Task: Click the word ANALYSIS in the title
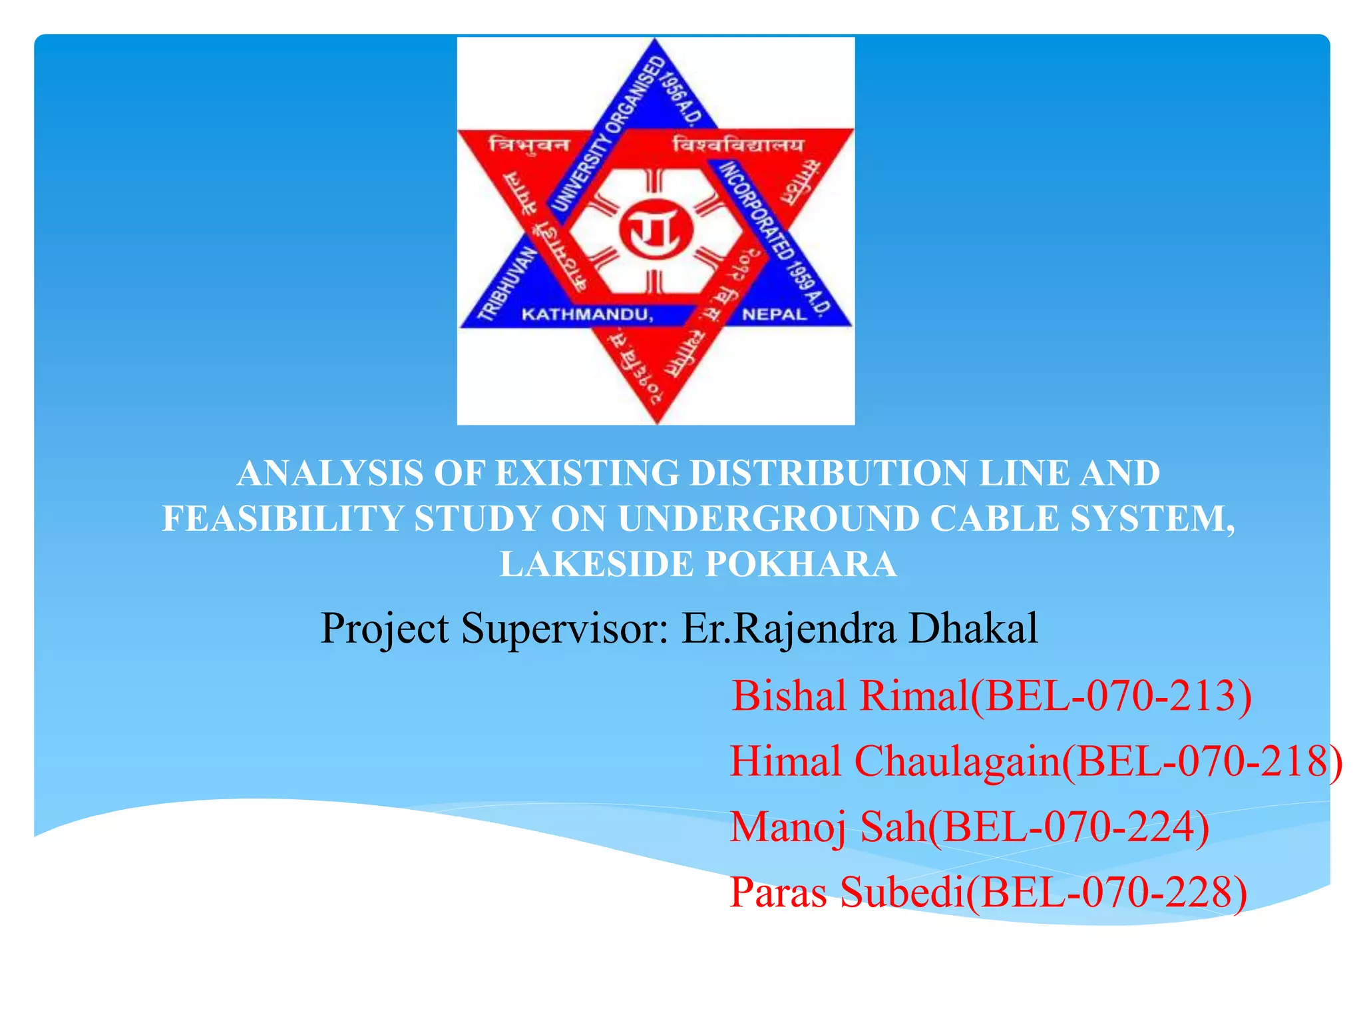(x=330, y=474)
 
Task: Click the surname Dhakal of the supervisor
(x=973, y=628)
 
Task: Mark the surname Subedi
(x=902, y=892)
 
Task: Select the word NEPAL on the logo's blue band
(x=774, y=314)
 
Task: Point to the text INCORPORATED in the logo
(x=753, y=200)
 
